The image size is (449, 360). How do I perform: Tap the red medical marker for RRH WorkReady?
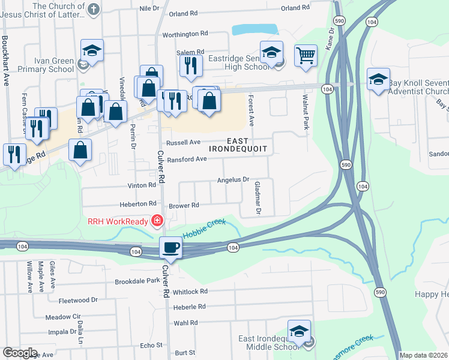(x=157, y=221)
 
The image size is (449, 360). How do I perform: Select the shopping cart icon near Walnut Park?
(x=306, y=56)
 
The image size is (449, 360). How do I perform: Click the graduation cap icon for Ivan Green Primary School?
(x=92, y=52)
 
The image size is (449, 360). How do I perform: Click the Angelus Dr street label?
(x=233, y=179)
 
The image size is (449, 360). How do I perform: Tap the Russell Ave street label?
(x=183, y=143)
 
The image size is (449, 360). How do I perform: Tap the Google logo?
(x=20, y=353)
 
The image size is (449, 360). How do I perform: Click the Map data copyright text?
(x=424, y=355)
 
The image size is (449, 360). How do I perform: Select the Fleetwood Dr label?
(x=77, y=300)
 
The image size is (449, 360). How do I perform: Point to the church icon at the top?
(x=92, y=8)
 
